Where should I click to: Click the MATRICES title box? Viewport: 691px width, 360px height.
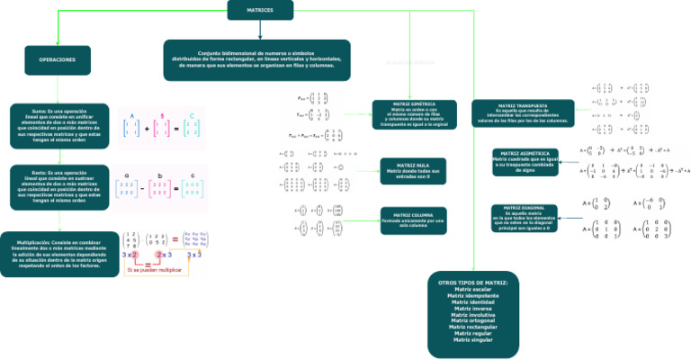pyautogui.click(x=259, y=10)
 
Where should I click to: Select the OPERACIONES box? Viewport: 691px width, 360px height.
pyautogui.click(x=57, y=59)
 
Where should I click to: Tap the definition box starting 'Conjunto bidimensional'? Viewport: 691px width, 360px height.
pyautogui.click(x=256, y=60)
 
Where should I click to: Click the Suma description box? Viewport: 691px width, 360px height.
pyautogui.click(x=58, y=125)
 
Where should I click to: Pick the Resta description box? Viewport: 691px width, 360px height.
pyautogui.click(x=58, y=186)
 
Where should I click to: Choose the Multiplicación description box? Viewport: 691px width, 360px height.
pyautogui.click(x=57, y=253)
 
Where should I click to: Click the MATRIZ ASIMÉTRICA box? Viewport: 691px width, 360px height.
pyautogui.click(x=525, y=162)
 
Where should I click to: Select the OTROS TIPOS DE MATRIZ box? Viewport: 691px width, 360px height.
pyautogui.click(x=472, y=310)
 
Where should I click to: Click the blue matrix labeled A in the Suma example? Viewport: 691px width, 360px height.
pyautogui.click(x=131, y=129)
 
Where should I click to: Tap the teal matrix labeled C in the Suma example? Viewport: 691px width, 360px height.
pyautogui.click(x=190, y=129)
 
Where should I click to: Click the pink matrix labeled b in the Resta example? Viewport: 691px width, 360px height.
pyautogui.click(x=160, y=189)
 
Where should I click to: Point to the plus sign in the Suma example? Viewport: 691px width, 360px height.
pyautogui.click(x=147, y=130)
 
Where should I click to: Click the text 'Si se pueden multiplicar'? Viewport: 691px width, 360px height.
pyautogui.click(x=153, y=270)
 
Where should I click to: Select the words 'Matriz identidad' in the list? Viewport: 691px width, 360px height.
pyautogui.click(x=472, y=301)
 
